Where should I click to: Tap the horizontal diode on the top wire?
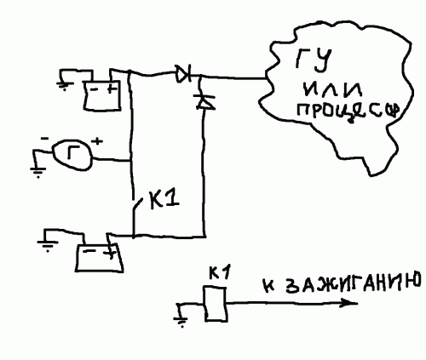182,75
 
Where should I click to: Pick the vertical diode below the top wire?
203,100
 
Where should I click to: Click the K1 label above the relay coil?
218,273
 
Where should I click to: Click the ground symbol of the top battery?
65,83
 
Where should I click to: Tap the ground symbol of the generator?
37,170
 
